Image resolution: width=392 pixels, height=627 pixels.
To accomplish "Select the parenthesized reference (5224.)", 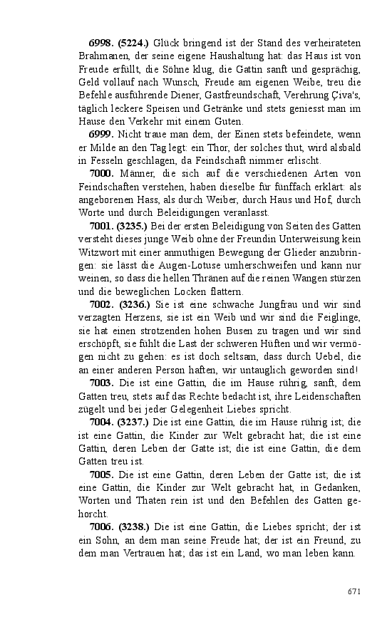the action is click(x=134, y=43).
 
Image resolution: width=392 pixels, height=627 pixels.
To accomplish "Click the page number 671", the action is click(x=354, y=591).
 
